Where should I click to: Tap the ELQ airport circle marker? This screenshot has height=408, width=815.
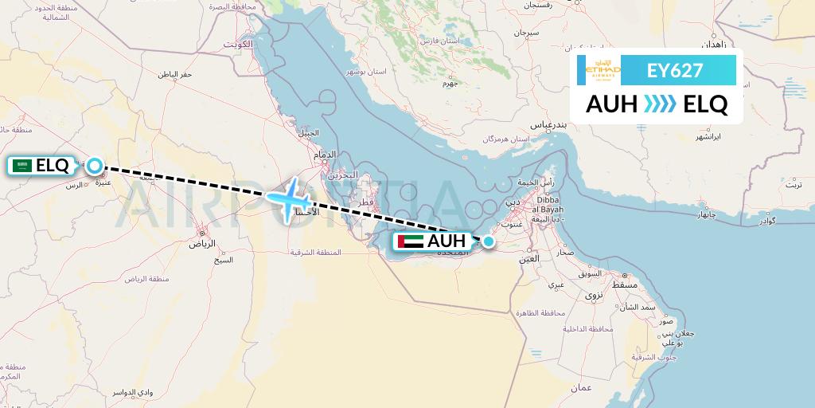click(95, 166)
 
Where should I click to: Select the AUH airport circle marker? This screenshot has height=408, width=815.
click(488, 241)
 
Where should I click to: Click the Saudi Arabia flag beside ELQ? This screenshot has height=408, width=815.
click(22, 166)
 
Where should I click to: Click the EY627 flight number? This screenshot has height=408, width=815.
click(675, 70)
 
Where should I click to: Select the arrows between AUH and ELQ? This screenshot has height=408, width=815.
click(660, 104)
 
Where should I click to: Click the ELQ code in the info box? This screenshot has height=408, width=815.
click(705, 104)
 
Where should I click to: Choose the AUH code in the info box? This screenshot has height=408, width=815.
click(611, 104)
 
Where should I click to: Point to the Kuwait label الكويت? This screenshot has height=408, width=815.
click(236, 44)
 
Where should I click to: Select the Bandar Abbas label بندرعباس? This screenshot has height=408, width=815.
click(548, 125)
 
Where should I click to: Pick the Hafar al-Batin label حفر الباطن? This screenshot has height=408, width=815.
click(174, 74)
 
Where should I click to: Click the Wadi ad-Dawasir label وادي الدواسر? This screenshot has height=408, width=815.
click(154, 394)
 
